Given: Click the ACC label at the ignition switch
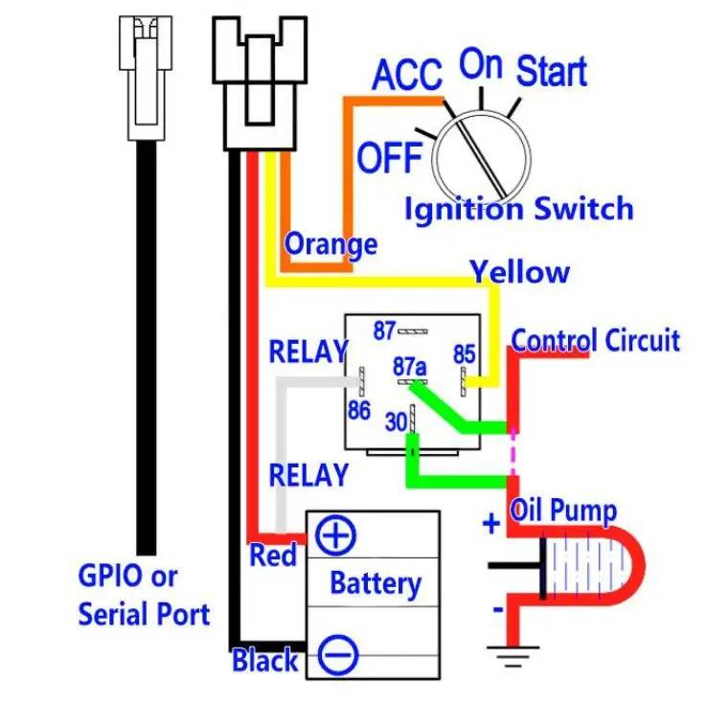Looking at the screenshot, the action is point(407,75).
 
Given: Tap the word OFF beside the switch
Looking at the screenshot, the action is point(390,157).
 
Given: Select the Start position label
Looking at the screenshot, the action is point(552,71).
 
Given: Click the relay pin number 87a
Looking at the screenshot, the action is point(410,367).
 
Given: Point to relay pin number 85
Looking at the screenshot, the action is point(465,354).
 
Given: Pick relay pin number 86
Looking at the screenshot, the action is point(359,411).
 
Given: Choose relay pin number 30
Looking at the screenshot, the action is point(397,422).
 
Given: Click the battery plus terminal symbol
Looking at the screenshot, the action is point(335,535).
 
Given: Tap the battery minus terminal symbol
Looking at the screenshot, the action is point(338,655).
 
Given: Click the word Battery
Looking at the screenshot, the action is point(376,583).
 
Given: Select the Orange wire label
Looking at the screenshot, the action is point(330,244).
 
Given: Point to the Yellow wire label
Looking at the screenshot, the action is point(520,272).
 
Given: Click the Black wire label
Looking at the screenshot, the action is point(265,661).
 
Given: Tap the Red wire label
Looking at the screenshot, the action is point(273,555).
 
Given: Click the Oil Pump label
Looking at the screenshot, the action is point(563,511).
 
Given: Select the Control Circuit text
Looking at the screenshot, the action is point(596,340).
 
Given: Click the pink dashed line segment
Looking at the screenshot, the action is point(512,451).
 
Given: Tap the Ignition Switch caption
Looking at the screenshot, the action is point(519,209).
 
